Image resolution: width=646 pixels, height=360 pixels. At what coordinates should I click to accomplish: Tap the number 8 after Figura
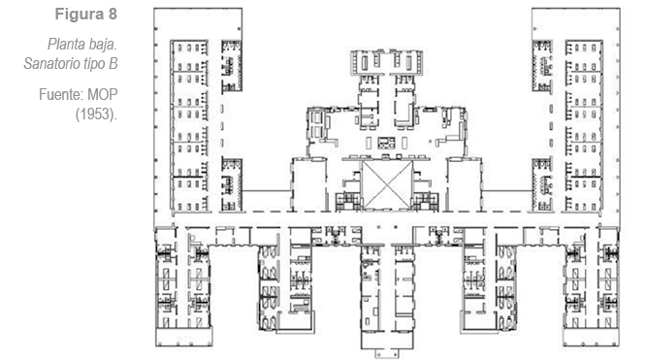[x=113, y=14]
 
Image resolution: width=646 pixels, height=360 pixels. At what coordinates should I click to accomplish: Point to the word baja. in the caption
[x=103, y=45]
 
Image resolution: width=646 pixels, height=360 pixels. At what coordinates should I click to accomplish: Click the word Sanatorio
[x=51, y=63]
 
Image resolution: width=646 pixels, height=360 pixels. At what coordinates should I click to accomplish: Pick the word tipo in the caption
[x=94, y=64]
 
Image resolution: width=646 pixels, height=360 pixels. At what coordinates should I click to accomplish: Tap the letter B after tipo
[x=113, y=63]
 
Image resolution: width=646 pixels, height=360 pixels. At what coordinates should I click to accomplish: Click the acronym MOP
[x=103, y=95]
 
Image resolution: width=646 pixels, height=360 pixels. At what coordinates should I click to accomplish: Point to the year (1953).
[x=96, y=115]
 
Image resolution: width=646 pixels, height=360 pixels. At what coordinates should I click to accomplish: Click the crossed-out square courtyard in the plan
[x=387, y=184]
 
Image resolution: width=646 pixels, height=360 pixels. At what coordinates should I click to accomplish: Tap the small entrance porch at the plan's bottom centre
[x=387, y=353]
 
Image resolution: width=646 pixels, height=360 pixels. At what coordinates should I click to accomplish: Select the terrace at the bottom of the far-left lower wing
[x=183, y=337]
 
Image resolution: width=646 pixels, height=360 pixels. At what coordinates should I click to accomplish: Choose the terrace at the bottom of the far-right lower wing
[x=591, y=337]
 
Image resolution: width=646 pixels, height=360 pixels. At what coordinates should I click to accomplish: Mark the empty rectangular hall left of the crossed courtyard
[x=309, y=184]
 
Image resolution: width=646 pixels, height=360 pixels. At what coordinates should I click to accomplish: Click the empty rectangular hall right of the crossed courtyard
[x=465, y=184]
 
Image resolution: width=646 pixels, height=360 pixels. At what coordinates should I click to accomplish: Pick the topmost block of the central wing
[x=386, y=63]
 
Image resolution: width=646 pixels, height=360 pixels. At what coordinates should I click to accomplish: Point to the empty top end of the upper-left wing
[x=198, y=23]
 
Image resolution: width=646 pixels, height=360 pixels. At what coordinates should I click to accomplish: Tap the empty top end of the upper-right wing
[x=576, y=23]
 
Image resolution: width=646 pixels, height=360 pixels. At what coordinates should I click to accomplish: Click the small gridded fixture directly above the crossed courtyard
[x=386, y=143]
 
